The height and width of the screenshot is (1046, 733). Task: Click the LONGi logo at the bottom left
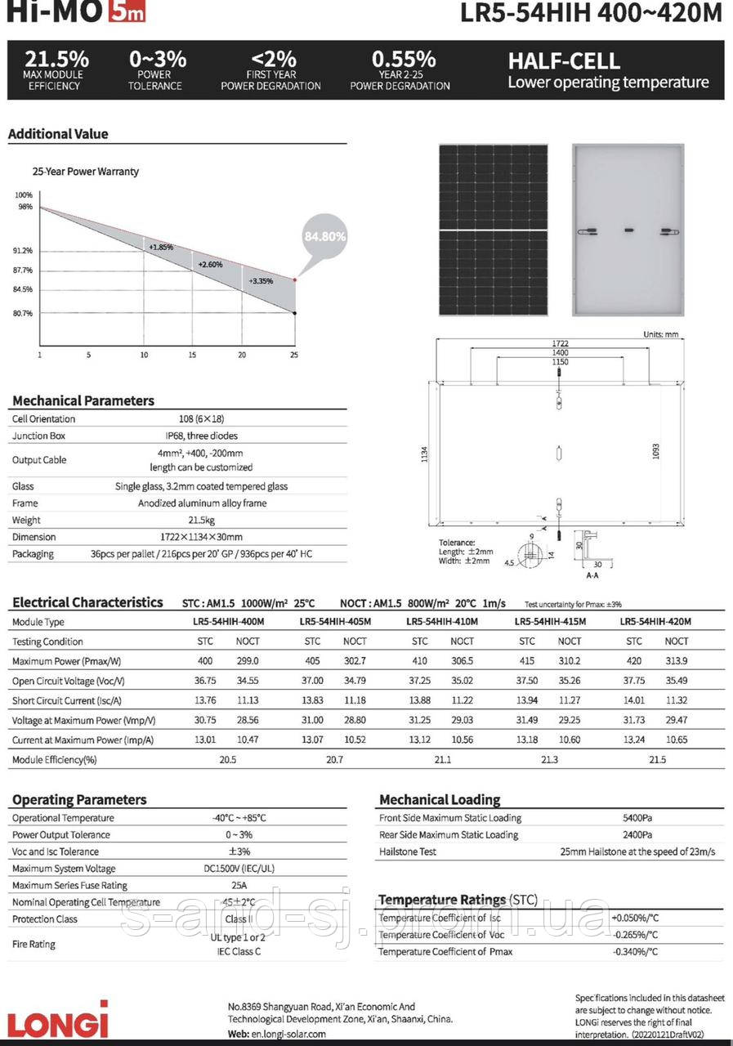[x=58, y=1021]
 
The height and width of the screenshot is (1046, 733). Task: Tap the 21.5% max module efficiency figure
[x=56, y=60]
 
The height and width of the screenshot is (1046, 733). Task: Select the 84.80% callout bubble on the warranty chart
[x=324, y=236]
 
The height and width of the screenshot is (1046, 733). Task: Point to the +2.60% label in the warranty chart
[x=210, y=265]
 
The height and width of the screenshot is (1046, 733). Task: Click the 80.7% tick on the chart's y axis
[x=23, y=313]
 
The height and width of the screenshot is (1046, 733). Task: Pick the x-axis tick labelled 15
[x=193, y=355]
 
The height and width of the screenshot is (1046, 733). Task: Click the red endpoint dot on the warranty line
[x=295, y=279]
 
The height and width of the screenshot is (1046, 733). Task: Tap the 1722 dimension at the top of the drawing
[x=560, y=342]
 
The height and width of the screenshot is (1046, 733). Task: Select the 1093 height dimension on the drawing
[x=655, y=451]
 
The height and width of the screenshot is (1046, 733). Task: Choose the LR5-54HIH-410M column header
[x=442, y=622]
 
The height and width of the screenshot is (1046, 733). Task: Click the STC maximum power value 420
[x=634, y=661]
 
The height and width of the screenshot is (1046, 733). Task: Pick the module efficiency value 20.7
[x=334, y=760]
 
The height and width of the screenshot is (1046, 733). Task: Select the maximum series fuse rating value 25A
[x=239, y=885]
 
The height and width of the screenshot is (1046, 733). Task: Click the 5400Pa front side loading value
[x=637, y=817]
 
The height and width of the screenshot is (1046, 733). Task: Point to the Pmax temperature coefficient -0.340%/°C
[x=636, y=951]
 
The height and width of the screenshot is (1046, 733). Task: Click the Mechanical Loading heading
[x=440, y=799]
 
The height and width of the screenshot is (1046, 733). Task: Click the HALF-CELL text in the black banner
[x=564, y=61]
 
